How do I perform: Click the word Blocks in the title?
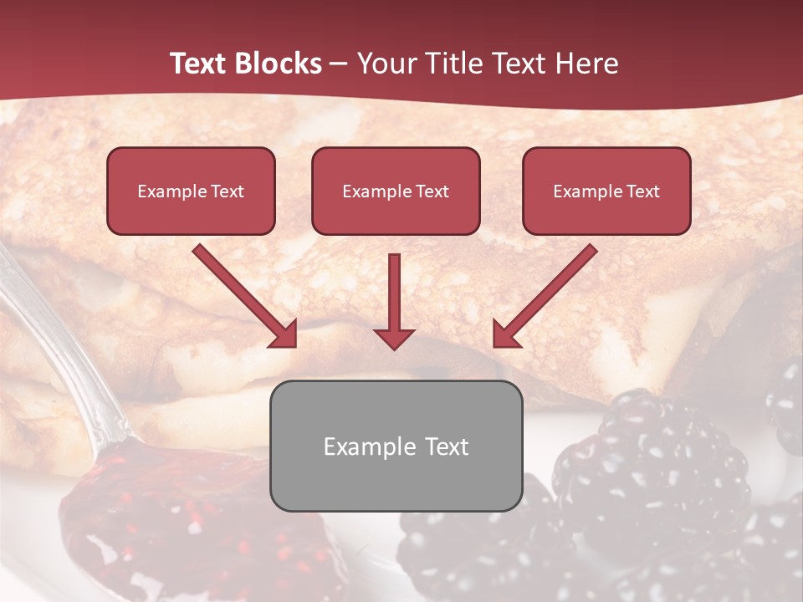[279, 64]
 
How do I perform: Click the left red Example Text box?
[191, 191]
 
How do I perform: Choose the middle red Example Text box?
[396, 191]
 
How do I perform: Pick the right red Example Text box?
[606, 191]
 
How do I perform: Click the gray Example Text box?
[396, 446]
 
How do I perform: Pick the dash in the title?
[339, 64]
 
